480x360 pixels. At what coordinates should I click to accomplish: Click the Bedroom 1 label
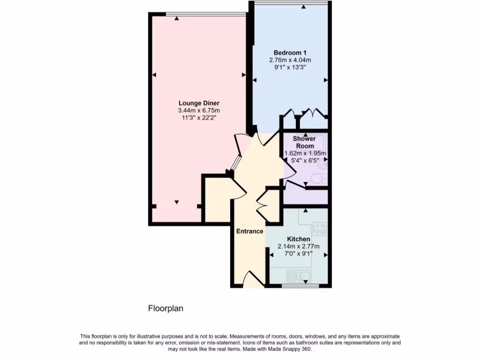(x=290, y=52)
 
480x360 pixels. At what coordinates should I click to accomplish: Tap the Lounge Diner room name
(x=199, y=103)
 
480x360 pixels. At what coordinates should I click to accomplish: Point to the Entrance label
(x=249, y=231)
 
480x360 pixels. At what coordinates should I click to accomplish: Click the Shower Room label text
(x=304, y=142)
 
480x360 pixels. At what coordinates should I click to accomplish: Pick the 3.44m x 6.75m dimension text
(x=199, y=111)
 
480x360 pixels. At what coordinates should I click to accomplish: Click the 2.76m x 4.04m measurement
(x=290, y=60)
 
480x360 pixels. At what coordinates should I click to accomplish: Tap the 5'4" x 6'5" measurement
(x=305, y=160)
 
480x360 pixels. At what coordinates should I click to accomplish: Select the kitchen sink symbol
(x=298, y=277)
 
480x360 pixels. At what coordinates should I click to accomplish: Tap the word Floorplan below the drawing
(x=165, y=308)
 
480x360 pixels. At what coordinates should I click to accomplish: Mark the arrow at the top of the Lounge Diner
(x=177, y=19)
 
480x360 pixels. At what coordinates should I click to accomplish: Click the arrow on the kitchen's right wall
(x=326, y=254)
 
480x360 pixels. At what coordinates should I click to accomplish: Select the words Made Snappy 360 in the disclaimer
(x=291, y=349)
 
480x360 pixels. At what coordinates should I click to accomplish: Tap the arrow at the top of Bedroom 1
(x=304, y=7)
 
